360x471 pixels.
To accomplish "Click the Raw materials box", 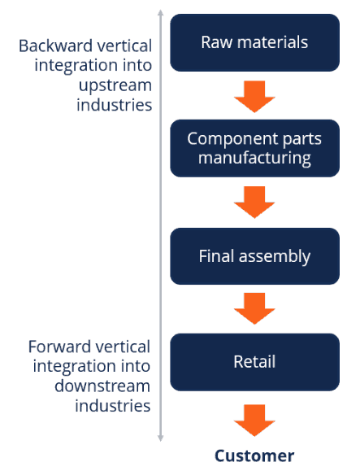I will click(x=254, y=42).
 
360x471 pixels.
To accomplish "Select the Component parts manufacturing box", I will click(x=254, y=148).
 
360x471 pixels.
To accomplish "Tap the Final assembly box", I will click(x=254, y=255).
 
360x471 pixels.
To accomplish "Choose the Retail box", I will click(x=254, y=361).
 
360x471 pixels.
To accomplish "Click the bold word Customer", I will click(x=254, y=456).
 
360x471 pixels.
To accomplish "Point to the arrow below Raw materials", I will click(x=254, y=95).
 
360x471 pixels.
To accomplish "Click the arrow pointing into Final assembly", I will click(x=254, y=202).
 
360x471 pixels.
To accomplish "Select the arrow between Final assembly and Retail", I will click(x=254, y=308).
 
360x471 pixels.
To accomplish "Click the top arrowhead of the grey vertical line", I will click(x=160, y=14).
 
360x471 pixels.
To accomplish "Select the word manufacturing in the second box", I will click(x=254, y=158).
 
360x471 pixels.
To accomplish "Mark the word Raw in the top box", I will click(x=216, y=42).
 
